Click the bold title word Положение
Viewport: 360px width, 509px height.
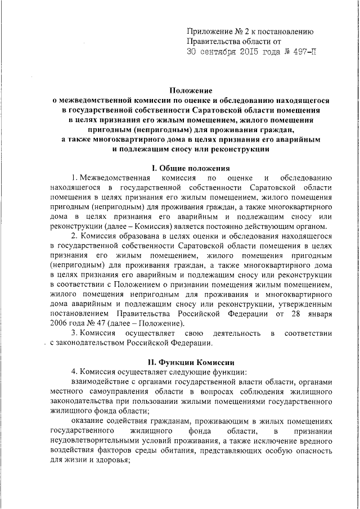click(x=191, y=90)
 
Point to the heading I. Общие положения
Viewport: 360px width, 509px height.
click(x=191, y=169)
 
